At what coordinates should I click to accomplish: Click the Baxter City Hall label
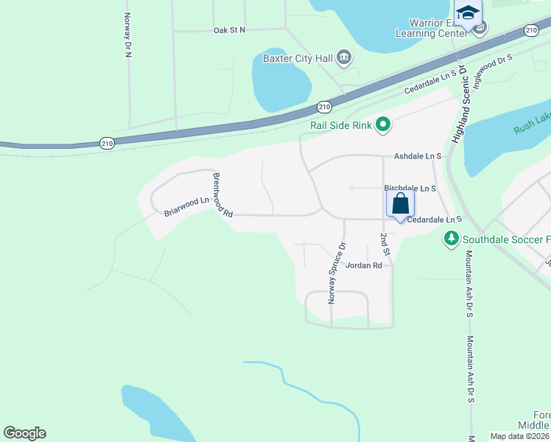[x=298, y=57]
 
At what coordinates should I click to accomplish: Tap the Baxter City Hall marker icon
[x=344, y=57]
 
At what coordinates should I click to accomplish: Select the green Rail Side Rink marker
[x=382, y=124]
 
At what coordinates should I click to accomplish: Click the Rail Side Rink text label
[x=341, y=124]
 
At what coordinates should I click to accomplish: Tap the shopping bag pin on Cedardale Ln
[x=400, y=204]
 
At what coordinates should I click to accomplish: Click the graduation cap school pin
[x=468, y=13]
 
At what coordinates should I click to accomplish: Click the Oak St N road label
[x=229, y=30]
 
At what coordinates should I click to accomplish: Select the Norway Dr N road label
[x=127, y=36]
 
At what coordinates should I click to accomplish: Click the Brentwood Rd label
[x=222, y=194]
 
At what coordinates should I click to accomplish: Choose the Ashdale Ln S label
[x=417, y=156]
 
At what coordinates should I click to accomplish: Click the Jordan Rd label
[x=364, y=265]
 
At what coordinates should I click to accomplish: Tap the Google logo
[x=24, y=433]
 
